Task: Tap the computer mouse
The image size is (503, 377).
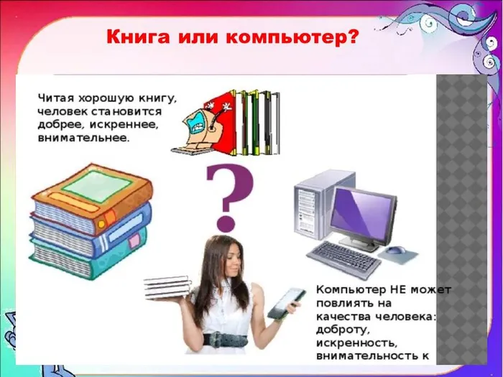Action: [x=397, y=251]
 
